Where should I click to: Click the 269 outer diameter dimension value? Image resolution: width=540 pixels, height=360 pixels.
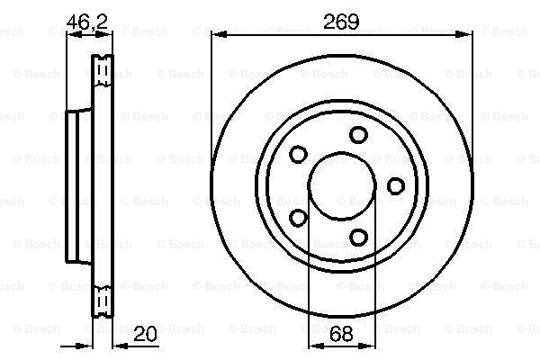tap(341, 22)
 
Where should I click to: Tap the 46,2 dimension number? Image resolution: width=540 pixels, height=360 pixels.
tap(87, 22)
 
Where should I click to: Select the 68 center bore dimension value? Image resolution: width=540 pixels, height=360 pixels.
tap(341, 333)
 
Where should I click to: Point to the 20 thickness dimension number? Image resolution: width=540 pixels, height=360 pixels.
tap(145, 333)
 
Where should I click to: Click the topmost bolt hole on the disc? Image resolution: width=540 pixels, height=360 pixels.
tap(358, 135)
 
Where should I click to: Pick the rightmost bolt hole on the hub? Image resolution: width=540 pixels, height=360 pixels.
tap(396, 185)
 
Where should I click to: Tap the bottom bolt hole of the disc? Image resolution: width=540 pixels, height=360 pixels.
tap(358, 237)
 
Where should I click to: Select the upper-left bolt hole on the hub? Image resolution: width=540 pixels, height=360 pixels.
tap(298, 154)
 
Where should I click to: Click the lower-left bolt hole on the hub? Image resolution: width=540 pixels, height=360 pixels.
tap(298, 218)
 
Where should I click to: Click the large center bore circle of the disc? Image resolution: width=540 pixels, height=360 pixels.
tap(342, 152)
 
